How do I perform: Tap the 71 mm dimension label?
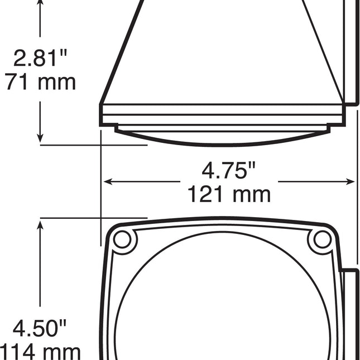40,82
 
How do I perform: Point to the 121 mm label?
229,195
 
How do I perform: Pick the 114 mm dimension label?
40,352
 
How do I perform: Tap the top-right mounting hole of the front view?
322,239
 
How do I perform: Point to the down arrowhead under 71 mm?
40,137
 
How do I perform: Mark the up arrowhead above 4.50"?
40,225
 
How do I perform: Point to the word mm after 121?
252,195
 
